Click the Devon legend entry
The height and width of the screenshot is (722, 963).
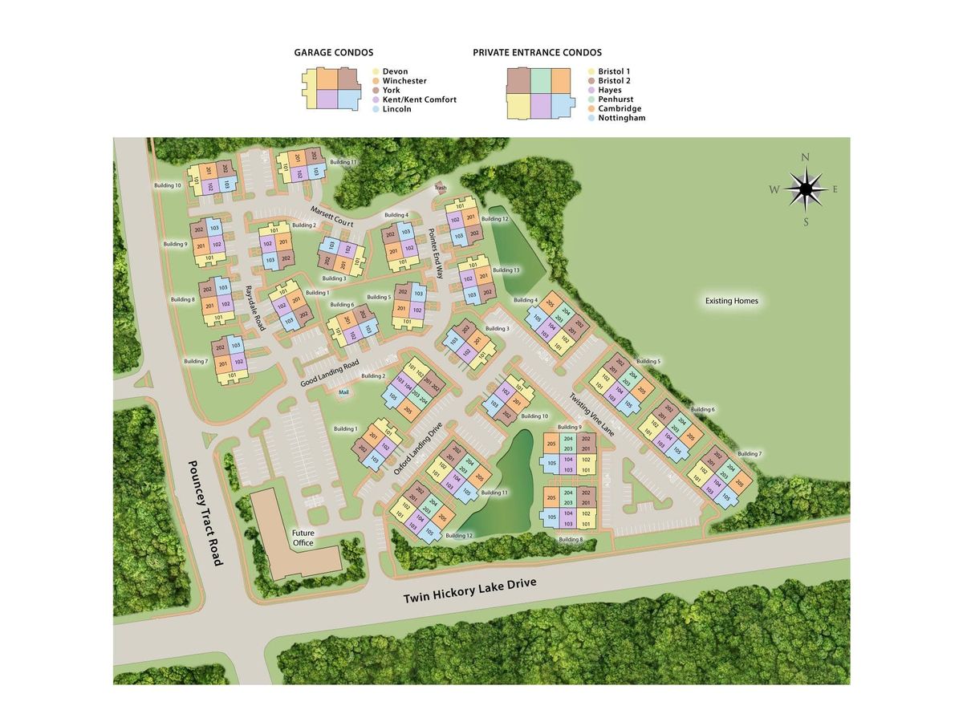396,71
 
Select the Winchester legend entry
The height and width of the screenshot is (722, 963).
404,81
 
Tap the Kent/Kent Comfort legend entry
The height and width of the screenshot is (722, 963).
419,99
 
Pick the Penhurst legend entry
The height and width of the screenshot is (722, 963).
615,99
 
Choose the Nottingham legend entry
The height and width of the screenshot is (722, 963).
621,118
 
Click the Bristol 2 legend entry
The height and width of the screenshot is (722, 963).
614,81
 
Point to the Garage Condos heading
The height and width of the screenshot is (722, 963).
333,52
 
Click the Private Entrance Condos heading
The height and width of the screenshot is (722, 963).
537,52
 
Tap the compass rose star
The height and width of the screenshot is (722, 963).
806,189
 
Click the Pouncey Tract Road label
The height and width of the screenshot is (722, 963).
205,513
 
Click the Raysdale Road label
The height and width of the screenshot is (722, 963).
254,308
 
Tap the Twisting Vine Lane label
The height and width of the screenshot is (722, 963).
592,414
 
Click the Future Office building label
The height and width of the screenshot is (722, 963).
303,537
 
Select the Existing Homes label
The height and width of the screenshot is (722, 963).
731,302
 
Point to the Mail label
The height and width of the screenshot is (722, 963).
344,392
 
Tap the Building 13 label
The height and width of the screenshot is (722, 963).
506,270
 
